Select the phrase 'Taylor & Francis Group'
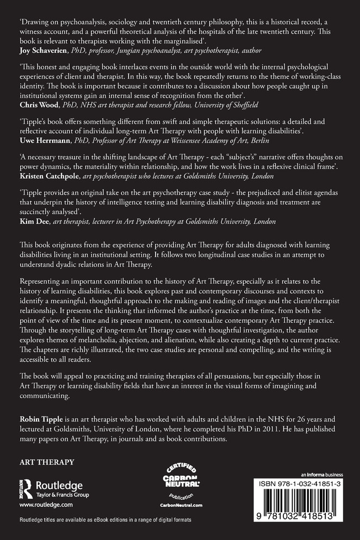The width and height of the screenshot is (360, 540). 62,495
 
